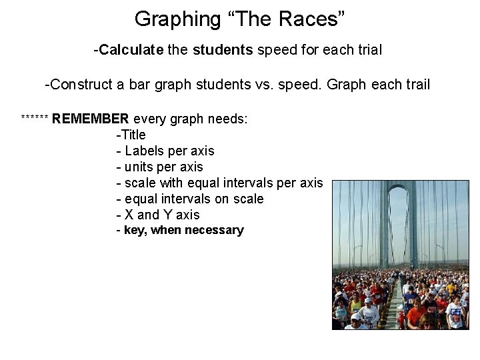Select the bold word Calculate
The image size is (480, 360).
click(127, 50)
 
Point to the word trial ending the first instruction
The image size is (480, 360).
click(366, 50)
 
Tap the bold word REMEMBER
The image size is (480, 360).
click(91, 119)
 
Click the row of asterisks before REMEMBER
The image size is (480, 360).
click(35, 119)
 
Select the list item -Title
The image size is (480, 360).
click(131, 135)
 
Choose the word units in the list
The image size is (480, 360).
click(139, 167)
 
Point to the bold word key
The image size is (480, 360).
click(136, 230)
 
